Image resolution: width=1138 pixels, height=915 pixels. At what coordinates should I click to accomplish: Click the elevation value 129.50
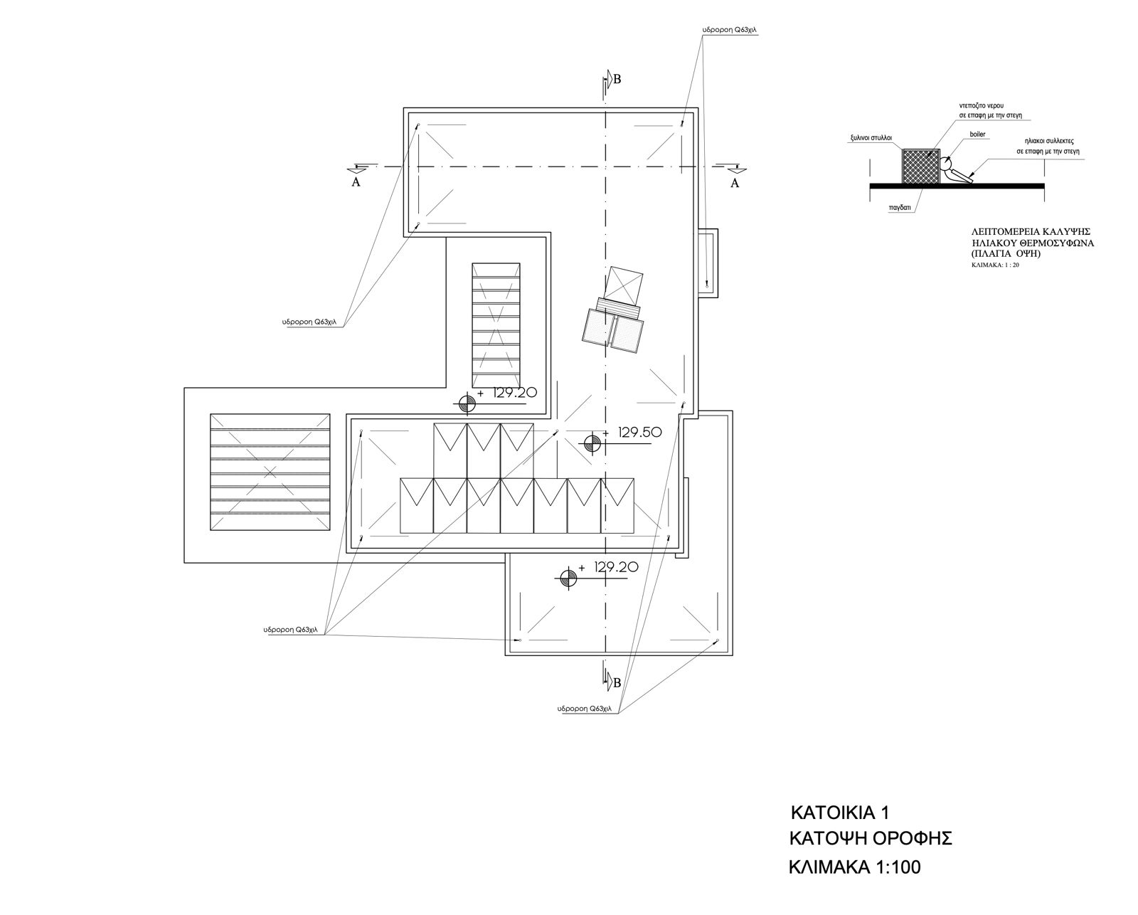[x=640, y=433]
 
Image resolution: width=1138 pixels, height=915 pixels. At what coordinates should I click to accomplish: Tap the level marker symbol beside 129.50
[x=592, y=443]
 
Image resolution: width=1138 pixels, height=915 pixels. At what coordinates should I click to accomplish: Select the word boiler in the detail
[x=977, y=134]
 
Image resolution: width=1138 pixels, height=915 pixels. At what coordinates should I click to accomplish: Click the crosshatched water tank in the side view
[x=920, y=166]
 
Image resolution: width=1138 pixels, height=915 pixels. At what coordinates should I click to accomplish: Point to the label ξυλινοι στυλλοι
[x=871, y=137]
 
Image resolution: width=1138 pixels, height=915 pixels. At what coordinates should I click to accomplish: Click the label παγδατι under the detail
[x=900, y=208]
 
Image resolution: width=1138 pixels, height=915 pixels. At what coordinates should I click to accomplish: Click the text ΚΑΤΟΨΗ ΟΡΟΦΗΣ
[x=871, y=853]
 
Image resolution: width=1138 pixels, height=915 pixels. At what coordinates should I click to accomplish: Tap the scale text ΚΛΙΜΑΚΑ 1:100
[x=854, y=882]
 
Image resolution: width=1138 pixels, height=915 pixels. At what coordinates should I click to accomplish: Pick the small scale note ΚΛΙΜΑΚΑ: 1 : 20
[x=995, y=265]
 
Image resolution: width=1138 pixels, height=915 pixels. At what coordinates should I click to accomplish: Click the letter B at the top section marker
[x=617, y=80]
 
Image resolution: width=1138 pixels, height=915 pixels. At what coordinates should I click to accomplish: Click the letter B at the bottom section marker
[x=617, y=683]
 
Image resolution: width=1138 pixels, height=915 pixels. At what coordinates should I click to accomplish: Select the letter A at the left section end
[x=356, y=182]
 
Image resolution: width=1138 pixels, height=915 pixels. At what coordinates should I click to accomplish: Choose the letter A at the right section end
[x=735, y=183]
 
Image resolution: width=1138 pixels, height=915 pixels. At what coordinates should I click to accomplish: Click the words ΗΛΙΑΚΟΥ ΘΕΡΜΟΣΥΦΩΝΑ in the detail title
[x=1033, y=243]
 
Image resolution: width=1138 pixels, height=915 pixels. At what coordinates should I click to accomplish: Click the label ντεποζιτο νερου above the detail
[x=982, y=106]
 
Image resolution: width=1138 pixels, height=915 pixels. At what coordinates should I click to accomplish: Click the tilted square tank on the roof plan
[x=624, y=285]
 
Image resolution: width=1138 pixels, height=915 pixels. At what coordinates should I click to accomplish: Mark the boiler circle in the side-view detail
[x=945, y=163]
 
